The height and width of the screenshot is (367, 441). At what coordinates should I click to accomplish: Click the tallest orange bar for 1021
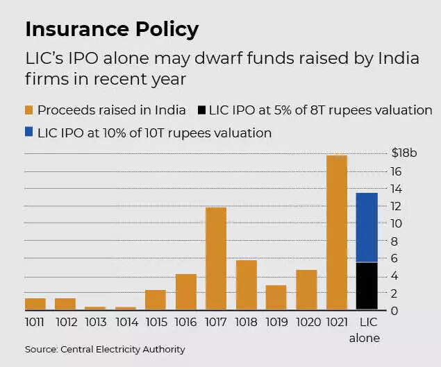[x=336, y=232]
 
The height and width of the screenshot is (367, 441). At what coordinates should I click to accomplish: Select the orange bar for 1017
[x=216, y=258]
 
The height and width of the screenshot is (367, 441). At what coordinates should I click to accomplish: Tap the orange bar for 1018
[x=246, y=284]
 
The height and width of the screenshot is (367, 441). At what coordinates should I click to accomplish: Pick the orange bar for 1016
[x=186, y=291]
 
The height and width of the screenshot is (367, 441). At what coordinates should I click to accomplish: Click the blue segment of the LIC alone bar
[x=366, y=228]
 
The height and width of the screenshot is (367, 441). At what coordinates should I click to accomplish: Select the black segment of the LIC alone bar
[x=366, y=286]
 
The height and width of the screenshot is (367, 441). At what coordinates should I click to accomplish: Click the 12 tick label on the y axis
[x=394, y=206]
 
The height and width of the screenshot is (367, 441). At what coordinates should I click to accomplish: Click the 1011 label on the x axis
[x=35, y=323]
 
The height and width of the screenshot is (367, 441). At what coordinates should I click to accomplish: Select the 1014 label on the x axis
[x=126, y=323]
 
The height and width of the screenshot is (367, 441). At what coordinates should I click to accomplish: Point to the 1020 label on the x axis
[x=306, y=323]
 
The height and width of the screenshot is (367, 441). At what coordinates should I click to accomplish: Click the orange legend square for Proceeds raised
[x=29, y=110]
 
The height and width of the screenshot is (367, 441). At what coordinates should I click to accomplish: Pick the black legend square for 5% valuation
[x=202, y=110]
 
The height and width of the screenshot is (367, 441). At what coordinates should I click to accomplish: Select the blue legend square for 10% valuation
[x=29, y=132]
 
